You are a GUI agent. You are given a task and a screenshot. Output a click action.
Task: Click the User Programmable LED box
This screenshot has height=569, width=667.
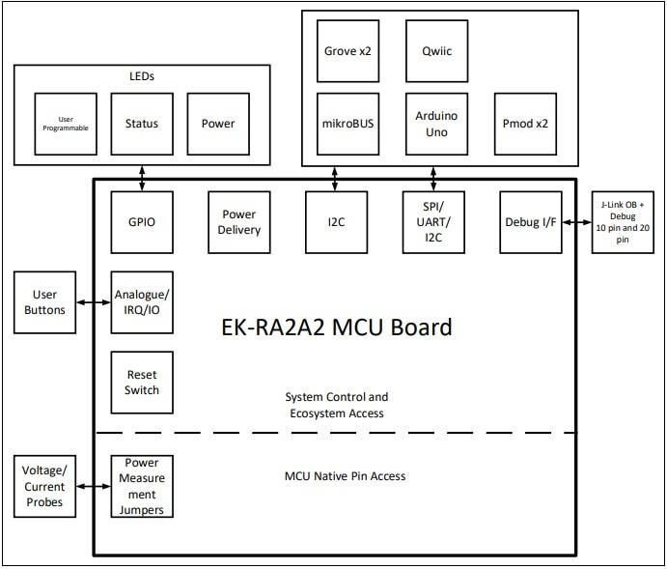[66, 124]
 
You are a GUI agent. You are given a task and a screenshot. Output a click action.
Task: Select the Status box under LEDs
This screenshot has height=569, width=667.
[142, 124]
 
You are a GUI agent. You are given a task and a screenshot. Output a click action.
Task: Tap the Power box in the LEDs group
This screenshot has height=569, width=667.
[218, 124]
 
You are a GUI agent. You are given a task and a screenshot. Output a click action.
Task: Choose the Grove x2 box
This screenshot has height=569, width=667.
[348, 46]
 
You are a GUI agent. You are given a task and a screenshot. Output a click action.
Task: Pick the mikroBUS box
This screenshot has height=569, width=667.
[348, 124]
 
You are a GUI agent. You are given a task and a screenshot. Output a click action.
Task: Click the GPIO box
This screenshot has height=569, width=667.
[142, 221]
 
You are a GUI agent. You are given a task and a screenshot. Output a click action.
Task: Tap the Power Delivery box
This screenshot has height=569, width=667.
[238, 221]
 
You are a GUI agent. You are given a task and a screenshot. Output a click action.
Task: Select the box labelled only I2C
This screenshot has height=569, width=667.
[336, 221]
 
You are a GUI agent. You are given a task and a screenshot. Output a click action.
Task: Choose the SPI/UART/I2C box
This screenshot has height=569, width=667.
[433, 221]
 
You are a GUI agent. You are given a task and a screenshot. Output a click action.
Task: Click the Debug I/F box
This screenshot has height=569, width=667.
[530, 221]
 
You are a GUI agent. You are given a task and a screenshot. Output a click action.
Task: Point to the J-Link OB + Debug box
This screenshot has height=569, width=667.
[622, 221]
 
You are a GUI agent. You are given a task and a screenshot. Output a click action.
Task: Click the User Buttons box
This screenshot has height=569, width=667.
[44, 302]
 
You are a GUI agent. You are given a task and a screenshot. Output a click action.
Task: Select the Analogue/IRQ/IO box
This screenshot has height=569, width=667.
[142, 302]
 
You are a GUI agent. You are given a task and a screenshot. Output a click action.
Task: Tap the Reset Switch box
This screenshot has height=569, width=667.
[142, 383]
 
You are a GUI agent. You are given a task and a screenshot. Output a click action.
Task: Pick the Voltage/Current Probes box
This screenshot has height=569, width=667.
[44, 487]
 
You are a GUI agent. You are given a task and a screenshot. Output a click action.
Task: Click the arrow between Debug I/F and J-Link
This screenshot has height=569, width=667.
[576, 221]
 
